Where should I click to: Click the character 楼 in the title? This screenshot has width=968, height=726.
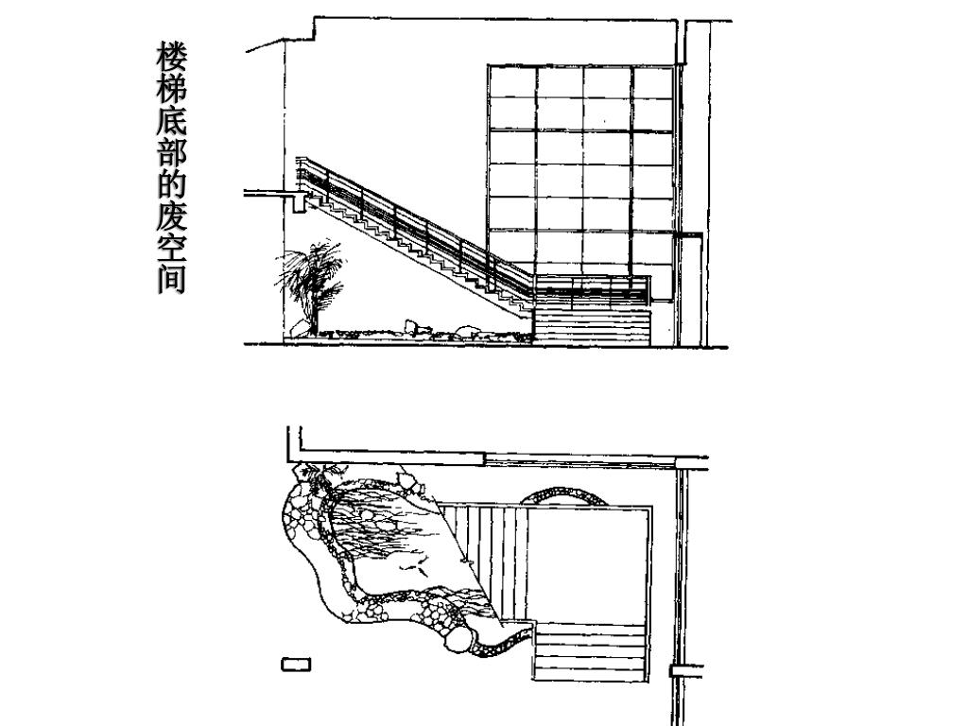tap(171, 55)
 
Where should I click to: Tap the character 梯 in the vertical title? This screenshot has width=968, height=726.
tap(171, 89)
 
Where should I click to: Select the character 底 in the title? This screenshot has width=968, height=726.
tap(171, 123)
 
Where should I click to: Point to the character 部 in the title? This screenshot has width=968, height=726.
tap(171, 156)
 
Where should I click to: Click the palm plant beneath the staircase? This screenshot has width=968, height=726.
tap(309, 280)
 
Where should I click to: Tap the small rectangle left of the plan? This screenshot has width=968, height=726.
tap(296, 665)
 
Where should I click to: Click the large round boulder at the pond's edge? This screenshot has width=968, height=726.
tap(458, 640)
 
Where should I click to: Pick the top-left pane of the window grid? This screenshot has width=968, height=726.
tap(511, 81)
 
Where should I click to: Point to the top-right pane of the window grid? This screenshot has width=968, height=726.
tap(652, 81)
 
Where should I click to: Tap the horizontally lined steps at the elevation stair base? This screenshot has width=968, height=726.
tap(592, 327)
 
